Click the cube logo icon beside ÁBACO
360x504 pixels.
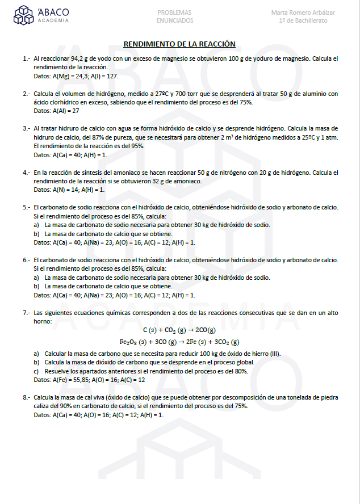point(24,16)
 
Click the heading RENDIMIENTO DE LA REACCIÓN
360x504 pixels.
point(179,44)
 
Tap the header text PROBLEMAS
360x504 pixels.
point(174,12)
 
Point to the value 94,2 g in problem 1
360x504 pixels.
point(82,58)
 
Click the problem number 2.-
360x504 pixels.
point(26,94)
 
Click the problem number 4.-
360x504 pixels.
point(26,173)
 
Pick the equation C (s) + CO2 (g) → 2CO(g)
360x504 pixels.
point(179,330)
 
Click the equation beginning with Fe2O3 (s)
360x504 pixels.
point(179,342)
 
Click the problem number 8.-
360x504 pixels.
point(26,398)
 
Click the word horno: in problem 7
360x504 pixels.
point(43,321)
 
